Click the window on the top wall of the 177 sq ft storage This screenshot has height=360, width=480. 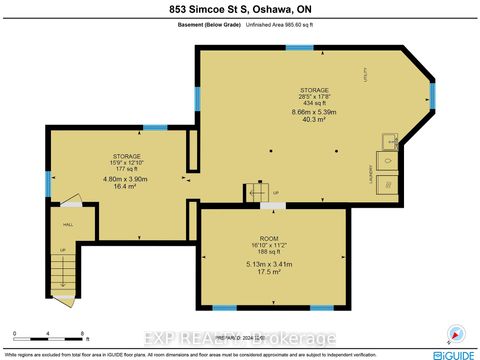pos(155,127)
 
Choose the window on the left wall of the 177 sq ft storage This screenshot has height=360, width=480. pos(47,183)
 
